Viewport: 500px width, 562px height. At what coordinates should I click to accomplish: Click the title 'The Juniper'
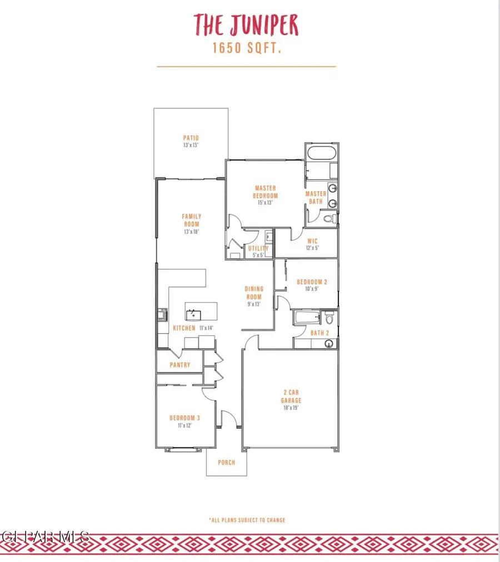click(x=246, y=26)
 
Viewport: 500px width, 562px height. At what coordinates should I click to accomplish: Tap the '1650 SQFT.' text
click(x=246, y=49)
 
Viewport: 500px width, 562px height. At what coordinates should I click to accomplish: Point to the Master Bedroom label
click(x=266, y=192)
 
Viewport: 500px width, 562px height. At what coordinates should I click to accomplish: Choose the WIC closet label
click(x=312, y=241)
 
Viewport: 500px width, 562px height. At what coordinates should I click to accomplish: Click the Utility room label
click(x=258, y=248)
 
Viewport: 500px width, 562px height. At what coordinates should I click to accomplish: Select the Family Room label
click(x=192, y=220)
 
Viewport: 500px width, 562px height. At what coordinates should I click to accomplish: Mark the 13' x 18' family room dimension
click(x=192, y=232)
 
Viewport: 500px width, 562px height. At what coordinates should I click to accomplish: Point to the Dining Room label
click(x=253, y=292)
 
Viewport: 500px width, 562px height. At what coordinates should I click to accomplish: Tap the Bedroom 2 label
click(x=312, y=282)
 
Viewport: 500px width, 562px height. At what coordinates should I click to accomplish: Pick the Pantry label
click(x=180, y=365)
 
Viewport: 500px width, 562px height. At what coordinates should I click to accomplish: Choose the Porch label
click(x=226, y=463)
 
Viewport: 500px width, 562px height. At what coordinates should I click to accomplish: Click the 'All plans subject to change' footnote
click(x=247, y=520)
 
